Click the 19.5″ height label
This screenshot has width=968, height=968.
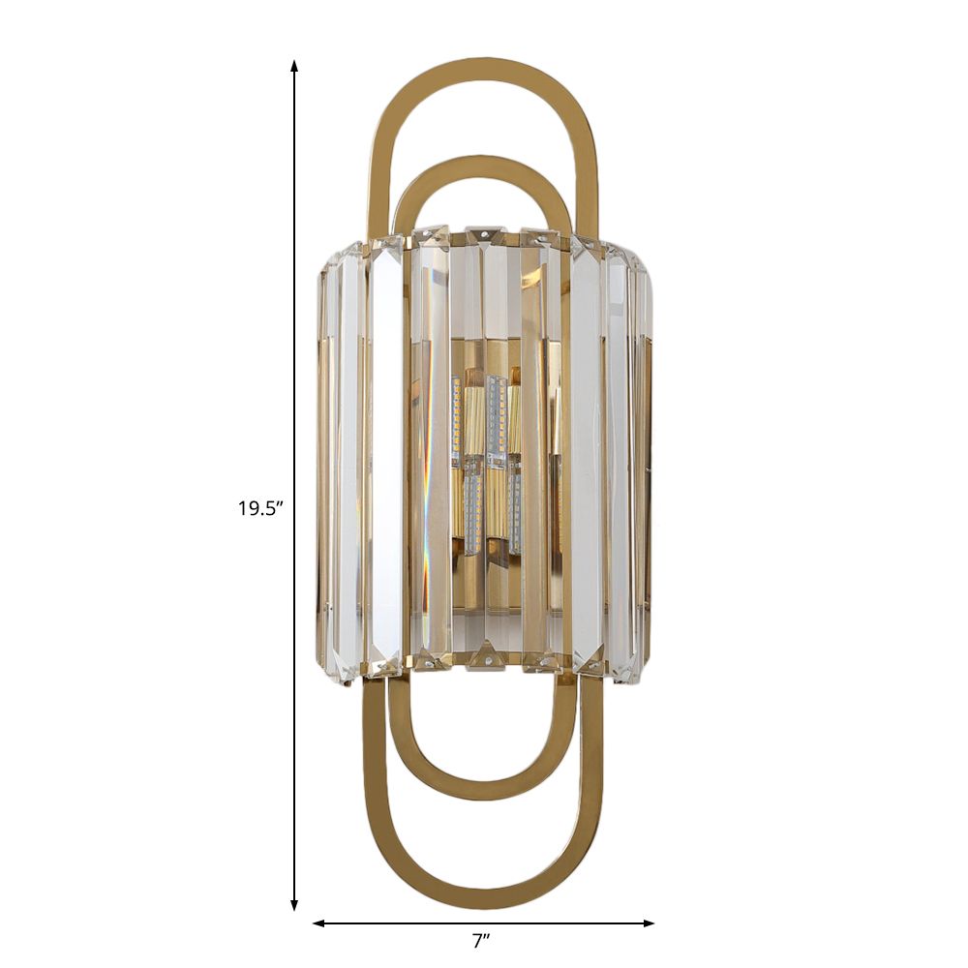coord(259,507)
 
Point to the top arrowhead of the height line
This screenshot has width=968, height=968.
coord(294,66)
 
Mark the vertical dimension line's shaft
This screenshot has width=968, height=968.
coord(294,290)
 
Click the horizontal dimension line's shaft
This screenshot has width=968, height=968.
coord(407,923)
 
